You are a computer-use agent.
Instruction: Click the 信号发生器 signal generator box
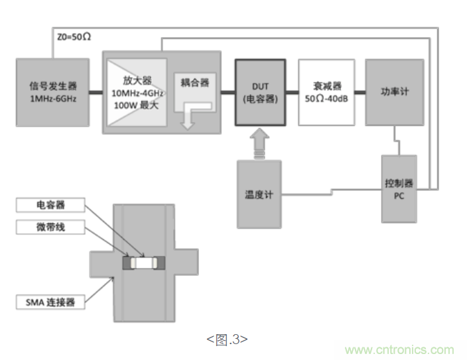tap(52, 91)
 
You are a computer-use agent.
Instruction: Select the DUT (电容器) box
tap(259, 92)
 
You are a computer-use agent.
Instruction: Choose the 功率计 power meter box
tap(394, 92)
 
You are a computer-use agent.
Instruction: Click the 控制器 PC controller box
tap(399, 189)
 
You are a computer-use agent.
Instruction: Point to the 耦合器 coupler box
tap(195, 84)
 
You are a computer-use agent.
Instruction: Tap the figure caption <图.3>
tap(227, 339)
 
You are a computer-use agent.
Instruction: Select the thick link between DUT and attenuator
tap(292, 91)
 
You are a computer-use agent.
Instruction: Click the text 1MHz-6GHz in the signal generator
tap(52, 99)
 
